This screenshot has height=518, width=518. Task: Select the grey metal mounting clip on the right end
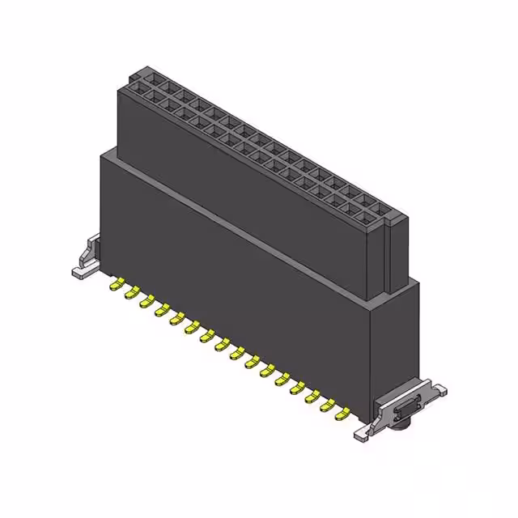401,409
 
